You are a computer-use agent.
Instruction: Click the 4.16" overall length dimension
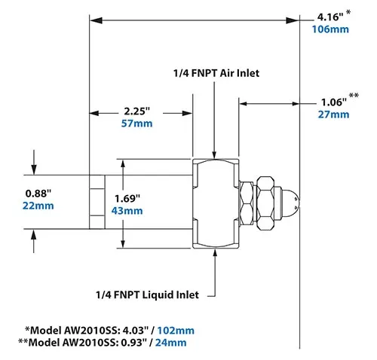329,14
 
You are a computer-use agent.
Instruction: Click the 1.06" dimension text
329,100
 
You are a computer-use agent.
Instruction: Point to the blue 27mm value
333,114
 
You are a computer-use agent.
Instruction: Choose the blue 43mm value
127,212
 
